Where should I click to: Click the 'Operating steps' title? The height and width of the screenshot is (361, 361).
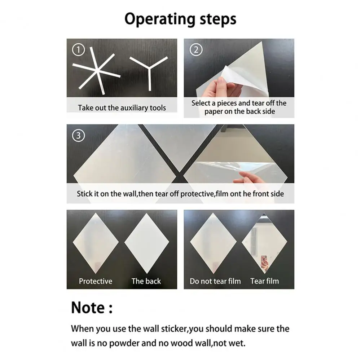pyautogui.click(x=180, y=19)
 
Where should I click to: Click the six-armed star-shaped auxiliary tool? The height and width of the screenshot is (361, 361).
pyautogui.click(x=97, y=71)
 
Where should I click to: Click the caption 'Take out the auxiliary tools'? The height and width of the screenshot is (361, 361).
pyautogui.click(x=122, y=107)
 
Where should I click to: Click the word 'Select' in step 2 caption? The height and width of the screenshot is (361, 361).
pyautogui.click(x=201, y=103)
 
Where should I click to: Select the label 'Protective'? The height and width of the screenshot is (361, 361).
pyautogui.click(x=96, y=281)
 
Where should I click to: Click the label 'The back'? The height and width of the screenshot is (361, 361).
pyautogui.click(x=146, y=281)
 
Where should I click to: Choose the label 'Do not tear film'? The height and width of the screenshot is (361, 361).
pyautogui.click(x=215, y=281)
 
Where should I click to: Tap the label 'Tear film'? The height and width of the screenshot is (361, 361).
pyautogui.click(x=264, y=281)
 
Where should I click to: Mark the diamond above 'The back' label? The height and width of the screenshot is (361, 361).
pyautogui.click(x=146, y=243)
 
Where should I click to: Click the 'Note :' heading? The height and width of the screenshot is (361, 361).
pyautogui.click(x=92, y=308)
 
